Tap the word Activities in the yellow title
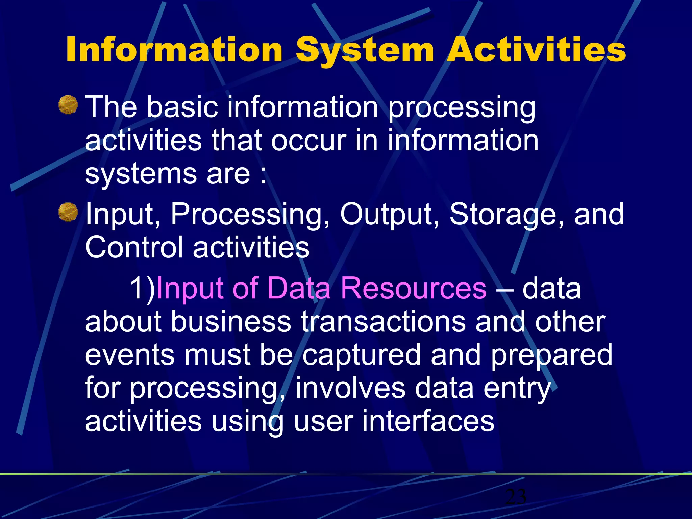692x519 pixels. pyautogui.click(x=536, y=50)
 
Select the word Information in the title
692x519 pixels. pyautogui.click(x=174, y=50)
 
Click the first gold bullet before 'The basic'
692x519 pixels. pyautogui.click(x=68, y=105)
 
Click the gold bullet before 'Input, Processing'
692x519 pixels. pyautogui.click(x=68, y=212)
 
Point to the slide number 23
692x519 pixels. pyautogui.click(x=516, y=497)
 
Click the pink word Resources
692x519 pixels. pyautogui.click(x=413, y=288)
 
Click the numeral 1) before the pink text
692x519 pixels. pyautogui.click(x=142, y=288)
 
